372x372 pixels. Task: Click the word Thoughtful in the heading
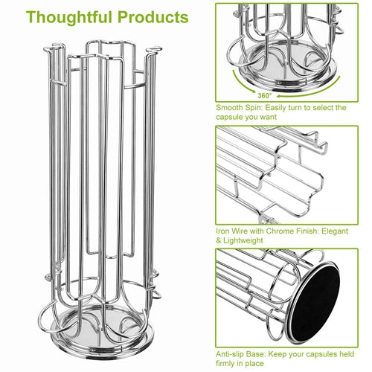[x=70, y=18]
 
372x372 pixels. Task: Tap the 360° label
[x=265, y=95]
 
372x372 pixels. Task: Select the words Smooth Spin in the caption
[x=239, y=108]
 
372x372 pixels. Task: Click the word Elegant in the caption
[x=335, y=231]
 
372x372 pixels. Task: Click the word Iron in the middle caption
[x=222, y=231]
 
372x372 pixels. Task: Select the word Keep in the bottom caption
[x=277, y=354]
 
